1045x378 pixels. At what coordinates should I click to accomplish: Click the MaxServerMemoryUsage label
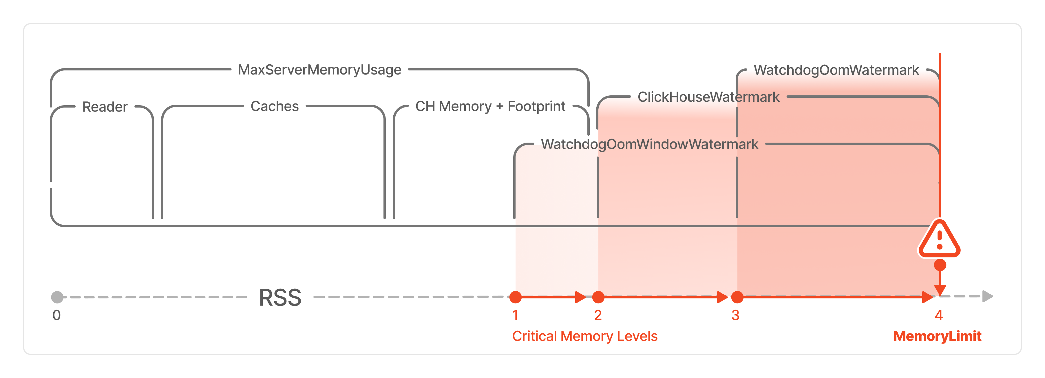click(x=320, y=70)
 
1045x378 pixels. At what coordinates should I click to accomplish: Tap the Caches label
click(x=275, y=106)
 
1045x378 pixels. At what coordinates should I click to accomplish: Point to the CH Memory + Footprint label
click(x=490, y=106)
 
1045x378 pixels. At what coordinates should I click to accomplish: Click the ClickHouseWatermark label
click(x=708, y=97)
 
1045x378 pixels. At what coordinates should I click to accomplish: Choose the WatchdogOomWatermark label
click(x=836, y=70)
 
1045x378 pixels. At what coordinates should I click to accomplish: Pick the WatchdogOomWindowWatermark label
click(x=649, y=144)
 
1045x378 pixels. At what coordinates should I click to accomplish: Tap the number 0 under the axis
click(x=56, y=315)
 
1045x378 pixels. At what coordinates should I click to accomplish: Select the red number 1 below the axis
click(x=515, y=315)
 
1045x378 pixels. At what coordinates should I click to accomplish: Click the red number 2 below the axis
click(x=598, y=315)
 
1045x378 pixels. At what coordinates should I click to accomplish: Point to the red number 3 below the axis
click(x=735, y=315)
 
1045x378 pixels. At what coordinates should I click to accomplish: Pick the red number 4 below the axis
click(x=939, y=315)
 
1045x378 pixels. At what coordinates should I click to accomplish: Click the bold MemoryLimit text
click(x=937, y=336)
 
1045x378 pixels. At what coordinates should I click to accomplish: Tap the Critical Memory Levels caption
click(x=584, y=336)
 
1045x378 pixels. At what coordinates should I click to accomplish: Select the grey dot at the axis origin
click(x=57, y=297)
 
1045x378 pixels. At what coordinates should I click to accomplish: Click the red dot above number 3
click(x=737, y=297)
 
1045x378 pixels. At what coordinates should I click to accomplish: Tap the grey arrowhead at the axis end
click(x=987, y=296)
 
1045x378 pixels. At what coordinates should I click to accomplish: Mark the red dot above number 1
click(x=515, y=297)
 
